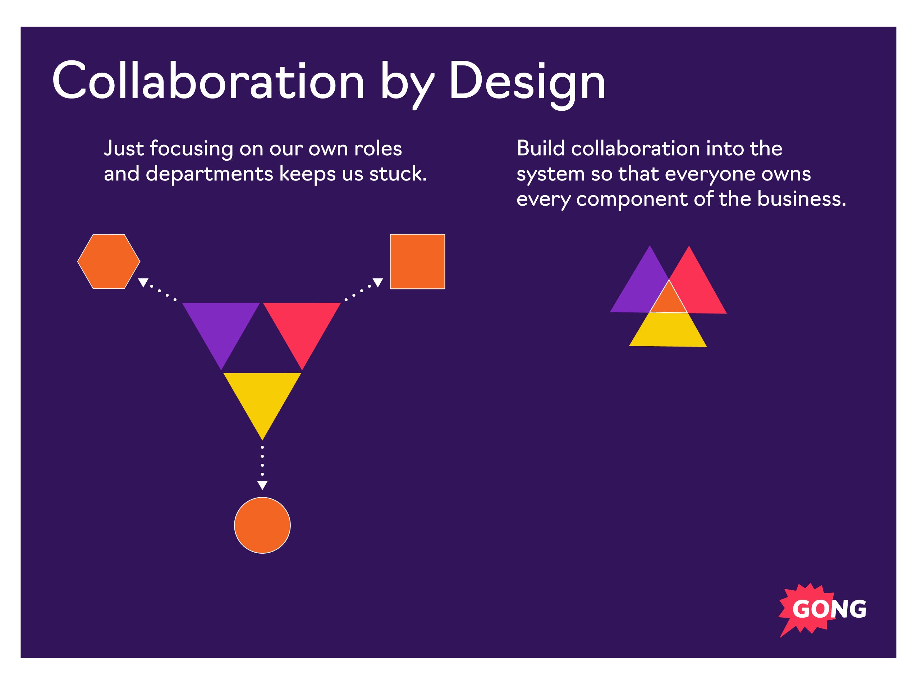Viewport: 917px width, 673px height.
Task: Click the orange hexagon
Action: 109,261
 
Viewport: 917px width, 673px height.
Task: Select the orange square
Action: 418,261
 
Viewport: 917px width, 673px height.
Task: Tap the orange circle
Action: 262,525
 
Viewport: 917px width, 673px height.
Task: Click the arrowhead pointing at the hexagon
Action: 143,282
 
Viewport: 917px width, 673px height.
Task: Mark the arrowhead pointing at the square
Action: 378,282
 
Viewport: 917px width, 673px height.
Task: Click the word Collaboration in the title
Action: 208,80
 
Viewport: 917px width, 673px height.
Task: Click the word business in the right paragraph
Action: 802,199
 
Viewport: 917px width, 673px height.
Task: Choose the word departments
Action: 210,174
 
